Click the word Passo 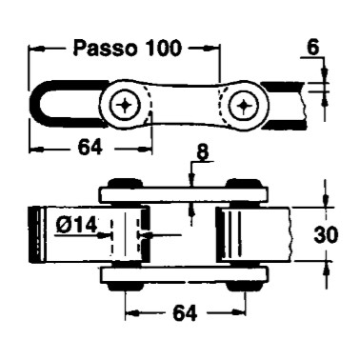pos(105,49)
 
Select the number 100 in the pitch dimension pos(163,49)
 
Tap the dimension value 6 pos(313,48)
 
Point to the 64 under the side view pos(90,148)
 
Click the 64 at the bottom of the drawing pos(185,313)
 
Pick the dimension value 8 pos(203,152)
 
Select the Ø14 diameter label pos(77,226)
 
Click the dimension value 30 pos(326,235)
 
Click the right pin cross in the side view pos(245,105)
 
